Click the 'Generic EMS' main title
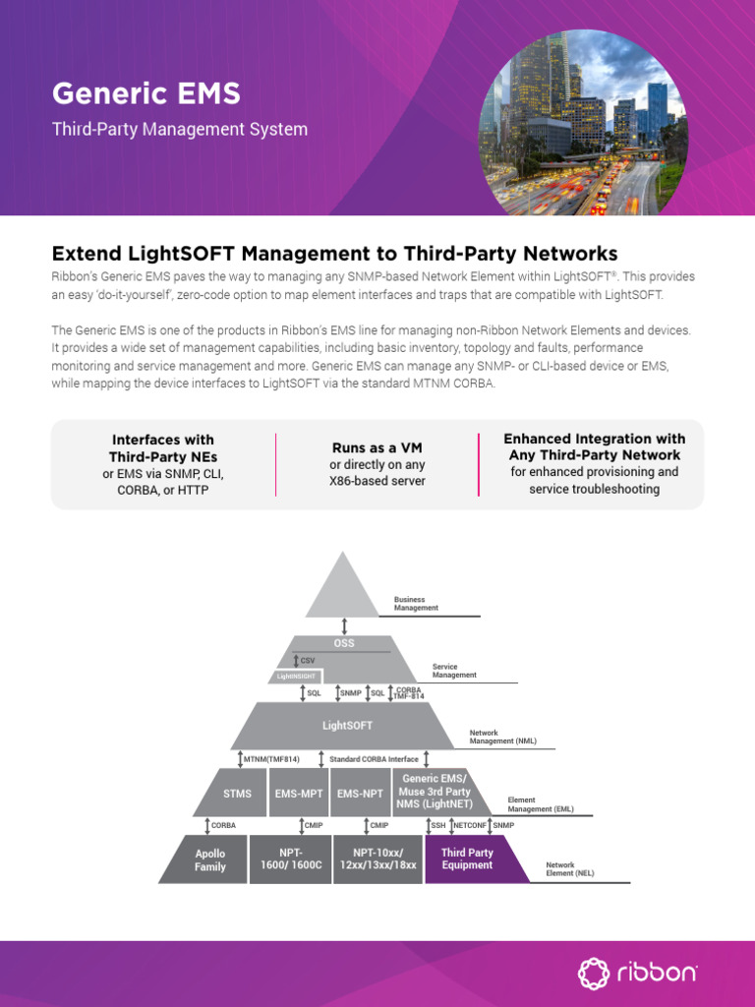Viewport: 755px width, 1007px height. [x=145, y=94]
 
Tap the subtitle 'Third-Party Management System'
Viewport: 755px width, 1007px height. [x=179, y=129]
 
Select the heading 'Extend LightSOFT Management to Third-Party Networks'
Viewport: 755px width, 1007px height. [x=334, y=253]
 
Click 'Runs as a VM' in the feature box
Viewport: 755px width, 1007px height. [x=377, y=448]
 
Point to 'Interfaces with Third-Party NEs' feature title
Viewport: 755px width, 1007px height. [x=163, y=447]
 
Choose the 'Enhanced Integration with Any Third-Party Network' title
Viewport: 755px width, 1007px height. [x=594, y=446]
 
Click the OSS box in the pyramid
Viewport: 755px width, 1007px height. [x=344, y=644]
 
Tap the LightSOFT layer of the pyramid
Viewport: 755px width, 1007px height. [x=348, y=725]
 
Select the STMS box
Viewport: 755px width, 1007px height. [x=237, y=794]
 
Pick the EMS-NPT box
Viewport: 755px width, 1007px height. [x=360, y=794]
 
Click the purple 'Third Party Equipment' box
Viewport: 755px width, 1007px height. [x=468, y=859]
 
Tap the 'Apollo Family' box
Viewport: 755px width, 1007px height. [x=209, y=859]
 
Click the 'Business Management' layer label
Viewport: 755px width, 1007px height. [x=416, y=604]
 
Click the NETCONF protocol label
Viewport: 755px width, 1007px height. [x=471, y=825]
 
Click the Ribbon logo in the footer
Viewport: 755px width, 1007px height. [x=638, y=974]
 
